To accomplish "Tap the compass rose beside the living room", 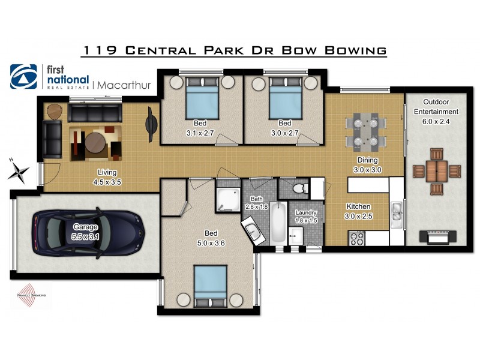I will pyautogui.click(x=19, y=170).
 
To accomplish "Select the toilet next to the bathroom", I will pyautogui.click(x=298, y=188).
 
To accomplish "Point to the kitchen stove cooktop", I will pyautogui.click(x=356, y=238).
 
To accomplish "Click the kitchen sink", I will pyautogui.click(x=397, y=211).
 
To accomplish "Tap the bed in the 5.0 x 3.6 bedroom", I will pyautogui.click(x=210, y=286).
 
